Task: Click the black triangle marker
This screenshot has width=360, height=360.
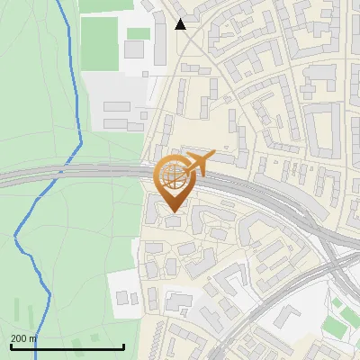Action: pos(181,24)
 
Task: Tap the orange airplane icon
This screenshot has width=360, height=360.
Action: pos(199,163)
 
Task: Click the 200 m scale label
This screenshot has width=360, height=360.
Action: pos(24,338)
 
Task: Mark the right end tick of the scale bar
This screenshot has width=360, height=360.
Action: pos(123,346)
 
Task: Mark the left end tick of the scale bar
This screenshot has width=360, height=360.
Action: pos(10,346)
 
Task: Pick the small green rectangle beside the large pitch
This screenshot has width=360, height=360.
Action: pos(138,33)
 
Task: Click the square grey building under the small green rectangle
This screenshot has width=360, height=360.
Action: pos(134,49)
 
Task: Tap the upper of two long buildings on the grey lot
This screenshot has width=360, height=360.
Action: pos(117,106)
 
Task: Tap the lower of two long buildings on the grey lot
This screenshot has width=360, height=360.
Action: pos(117,121)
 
